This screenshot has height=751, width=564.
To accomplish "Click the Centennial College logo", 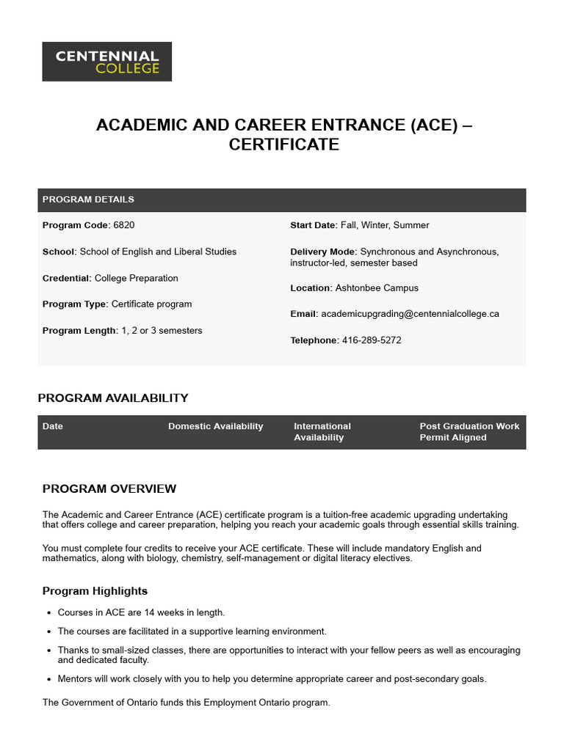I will [x=106, y=62].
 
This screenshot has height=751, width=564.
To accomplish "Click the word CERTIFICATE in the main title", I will [x=283, y=144].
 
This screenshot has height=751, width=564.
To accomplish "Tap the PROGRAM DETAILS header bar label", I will [x=88, y=199].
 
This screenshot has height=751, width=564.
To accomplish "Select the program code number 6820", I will [x=124, y=225].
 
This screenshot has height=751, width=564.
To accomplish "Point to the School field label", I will [x=59, y=252].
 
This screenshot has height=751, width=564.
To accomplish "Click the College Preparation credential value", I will [x=137, y=278].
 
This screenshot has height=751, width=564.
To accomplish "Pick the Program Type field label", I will [x=75, y=304].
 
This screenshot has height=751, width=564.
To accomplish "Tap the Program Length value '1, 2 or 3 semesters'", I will [x=162, y=331].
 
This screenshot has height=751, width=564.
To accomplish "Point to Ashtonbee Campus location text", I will [x=377, y=288].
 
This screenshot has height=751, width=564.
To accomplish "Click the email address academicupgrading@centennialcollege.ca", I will [x=410, y=314].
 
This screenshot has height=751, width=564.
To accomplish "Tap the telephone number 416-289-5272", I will [x=372, y=340].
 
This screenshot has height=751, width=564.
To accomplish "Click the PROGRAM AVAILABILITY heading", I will [x=113, y=398].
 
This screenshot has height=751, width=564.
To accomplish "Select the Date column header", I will [x=53, y=426].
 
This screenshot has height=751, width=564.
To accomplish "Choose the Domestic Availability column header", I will [x=215, y=426].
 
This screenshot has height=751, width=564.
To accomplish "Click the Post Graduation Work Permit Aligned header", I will [x=469, y=431].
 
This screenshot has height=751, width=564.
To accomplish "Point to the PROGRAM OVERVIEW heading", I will [x=109, y=489].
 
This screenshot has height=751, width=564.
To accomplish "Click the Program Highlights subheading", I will [x=95, y=591].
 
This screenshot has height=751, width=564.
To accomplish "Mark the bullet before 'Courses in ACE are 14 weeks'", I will [x=49, y=613].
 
